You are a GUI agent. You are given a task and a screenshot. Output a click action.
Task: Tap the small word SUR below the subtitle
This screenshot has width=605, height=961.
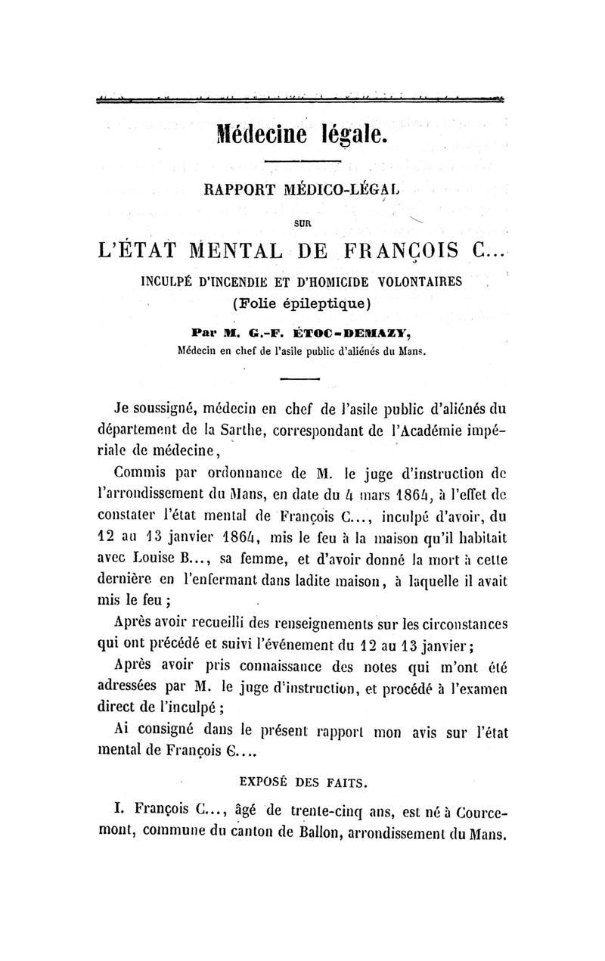[302, 223]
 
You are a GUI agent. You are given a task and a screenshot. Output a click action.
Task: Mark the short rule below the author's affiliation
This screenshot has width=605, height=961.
[304, 378]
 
